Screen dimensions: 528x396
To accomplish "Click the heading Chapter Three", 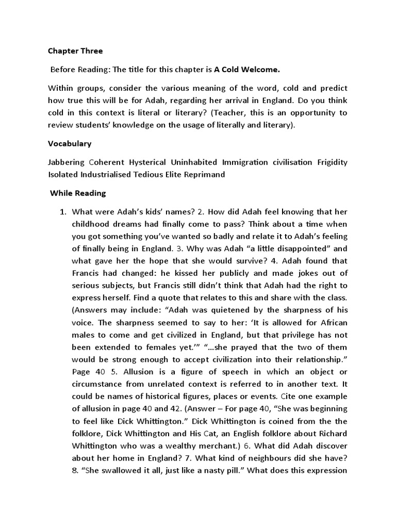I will tap(75, 51).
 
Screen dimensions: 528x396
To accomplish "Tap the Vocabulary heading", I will tap(70, 144).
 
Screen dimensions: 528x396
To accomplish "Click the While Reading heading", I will tap(77, 193).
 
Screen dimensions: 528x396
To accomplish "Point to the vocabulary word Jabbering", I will tap(66, 162).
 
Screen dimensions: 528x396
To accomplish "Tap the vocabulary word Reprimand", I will tap(205, 174).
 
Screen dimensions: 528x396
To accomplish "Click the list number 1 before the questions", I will tap(63, 211).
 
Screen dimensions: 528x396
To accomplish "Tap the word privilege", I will tap(288, 335).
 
